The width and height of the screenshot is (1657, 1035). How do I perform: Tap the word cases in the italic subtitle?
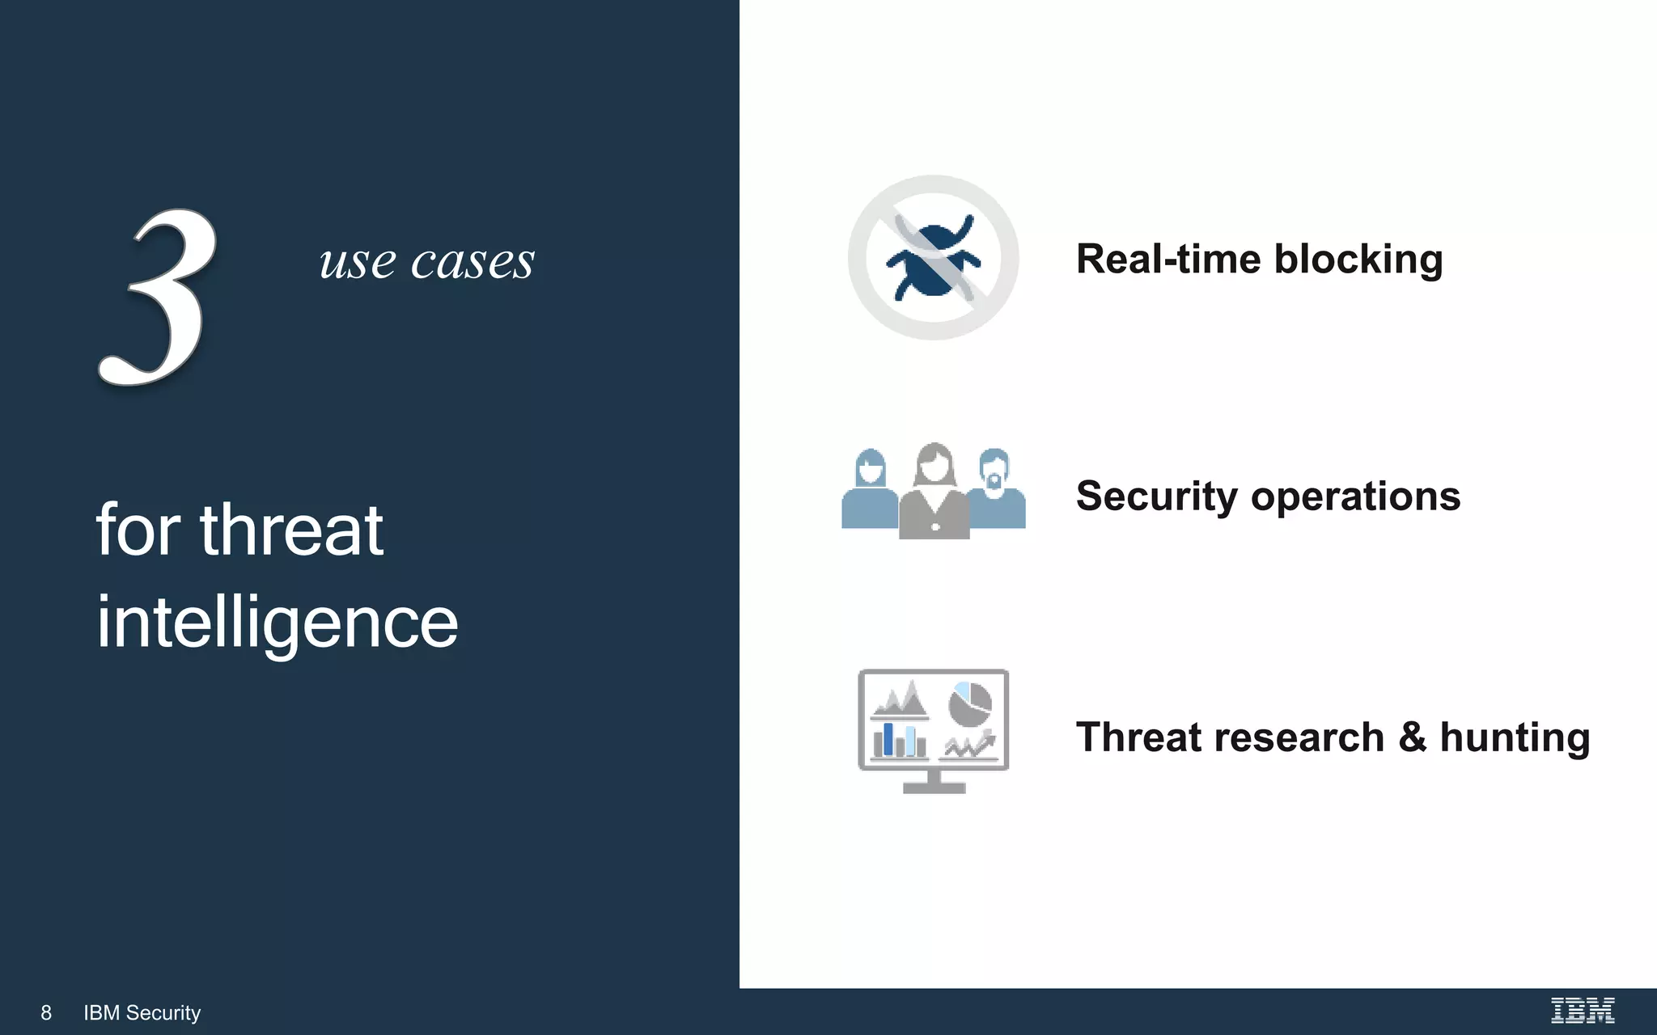pyautogui.click(x=473, y=262)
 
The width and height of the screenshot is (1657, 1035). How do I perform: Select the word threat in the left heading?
pyautogui.click(x=291, y=530)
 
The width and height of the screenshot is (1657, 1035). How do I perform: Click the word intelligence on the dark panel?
pyautogui.click(x=277, y=623)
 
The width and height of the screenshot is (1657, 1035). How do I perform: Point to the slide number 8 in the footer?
pyautogui.click(x=46, y=1012)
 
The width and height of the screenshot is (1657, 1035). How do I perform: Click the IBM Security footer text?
pyautogui.click(x=142, y=1012)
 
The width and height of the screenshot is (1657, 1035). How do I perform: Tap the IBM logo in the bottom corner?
pyautogui.click(x=1582, y=1010)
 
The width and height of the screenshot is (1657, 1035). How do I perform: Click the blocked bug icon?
pyautogui.click(x=933, y=258)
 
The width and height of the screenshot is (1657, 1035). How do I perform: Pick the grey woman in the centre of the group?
pyautogui.click(x=934, y=493)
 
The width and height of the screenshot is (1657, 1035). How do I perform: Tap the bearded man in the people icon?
pyautogui.click(x=995, y=490)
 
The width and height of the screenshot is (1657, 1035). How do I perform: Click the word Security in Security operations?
pyautogui.click(x=1156, y=496)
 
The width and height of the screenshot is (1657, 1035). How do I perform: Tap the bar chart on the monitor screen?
pyautogui.click(x=899, y=741)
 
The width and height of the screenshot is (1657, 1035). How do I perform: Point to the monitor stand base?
pyautogui.click(x=934, y=788)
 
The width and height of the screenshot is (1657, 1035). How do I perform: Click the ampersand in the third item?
pyautogui.click(x=1412, y=737)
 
